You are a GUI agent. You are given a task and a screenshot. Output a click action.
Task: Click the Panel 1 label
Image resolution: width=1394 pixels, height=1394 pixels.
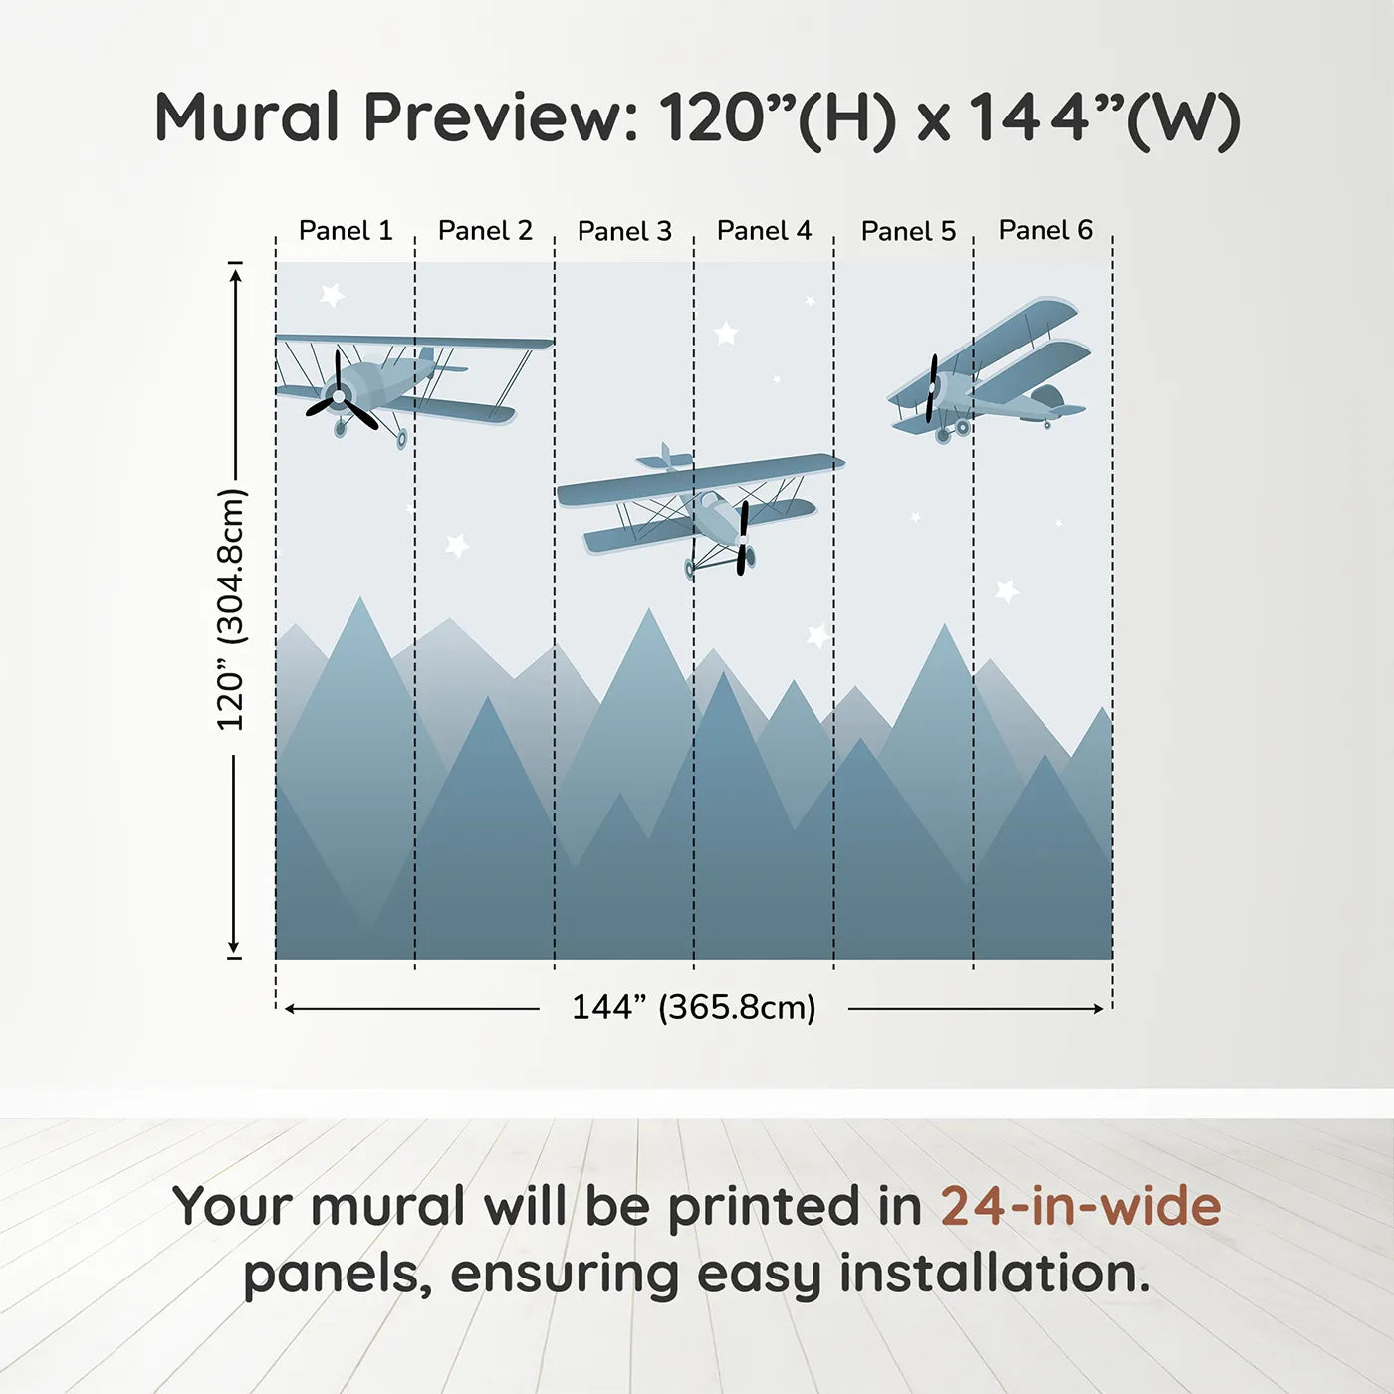346,231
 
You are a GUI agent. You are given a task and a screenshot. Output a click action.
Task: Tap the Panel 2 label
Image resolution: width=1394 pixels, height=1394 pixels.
485,231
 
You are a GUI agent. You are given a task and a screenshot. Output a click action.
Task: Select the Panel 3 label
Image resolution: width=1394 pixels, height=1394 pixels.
624,231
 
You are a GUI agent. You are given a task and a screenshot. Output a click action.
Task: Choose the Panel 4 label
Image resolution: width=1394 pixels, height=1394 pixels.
764,231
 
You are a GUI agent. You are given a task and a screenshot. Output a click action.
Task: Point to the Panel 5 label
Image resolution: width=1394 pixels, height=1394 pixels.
908,231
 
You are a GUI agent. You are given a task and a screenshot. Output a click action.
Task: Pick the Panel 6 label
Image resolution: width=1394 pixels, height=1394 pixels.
1045,230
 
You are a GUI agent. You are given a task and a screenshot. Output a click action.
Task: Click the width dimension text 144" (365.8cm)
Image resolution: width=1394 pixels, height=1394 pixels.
694,1007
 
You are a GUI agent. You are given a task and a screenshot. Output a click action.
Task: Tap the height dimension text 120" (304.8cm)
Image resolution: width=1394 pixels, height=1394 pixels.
231,609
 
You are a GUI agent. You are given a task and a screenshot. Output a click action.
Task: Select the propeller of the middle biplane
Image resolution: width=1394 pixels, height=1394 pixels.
743,538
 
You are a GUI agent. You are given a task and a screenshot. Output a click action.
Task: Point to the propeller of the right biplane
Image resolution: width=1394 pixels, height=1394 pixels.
932,388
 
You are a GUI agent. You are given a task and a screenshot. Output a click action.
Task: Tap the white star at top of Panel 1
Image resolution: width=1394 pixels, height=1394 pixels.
332,295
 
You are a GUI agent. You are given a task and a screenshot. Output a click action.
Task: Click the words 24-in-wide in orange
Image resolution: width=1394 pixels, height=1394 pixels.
1080,1207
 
